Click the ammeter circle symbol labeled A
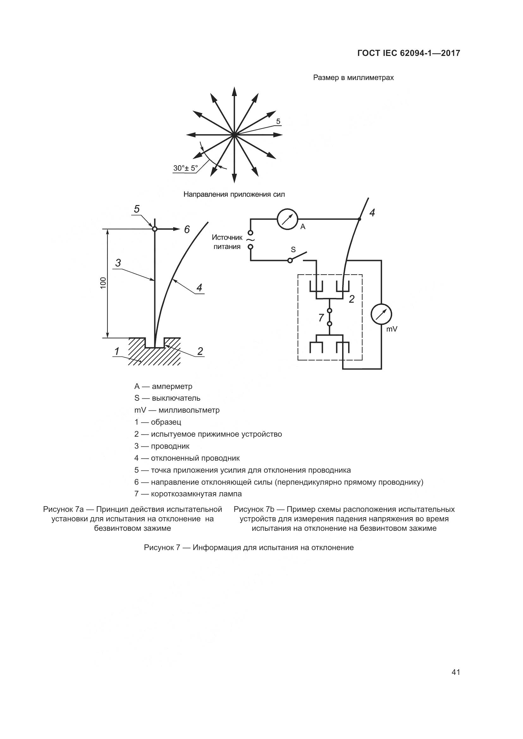(286, 220)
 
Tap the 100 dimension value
(103, 283)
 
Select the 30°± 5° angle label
(186, 168)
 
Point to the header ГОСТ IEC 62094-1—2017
(409, 53)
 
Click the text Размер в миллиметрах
(353, 78)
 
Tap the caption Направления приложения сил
(234, 194)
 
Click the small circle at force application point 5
(155, 229)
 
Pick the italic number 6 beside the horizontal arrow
(187, 229)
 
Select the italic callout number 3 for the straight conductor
(118, 263)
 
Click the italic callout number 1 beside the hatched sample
(117, 351)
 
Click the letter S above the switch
(293, 250)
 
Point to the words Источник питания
(227, 242)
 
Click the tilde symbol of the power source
(250, 240)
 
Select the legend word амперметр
(172, 386)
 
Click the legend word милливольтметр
(189, 410)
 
